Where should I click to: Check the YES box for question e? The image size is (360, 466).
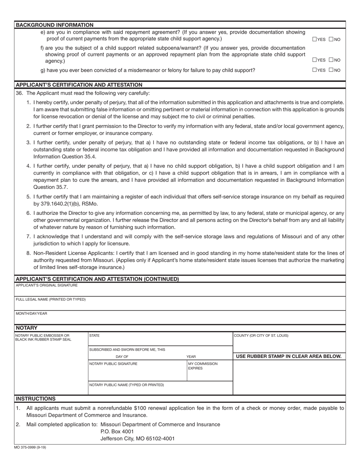[x=315, y=39]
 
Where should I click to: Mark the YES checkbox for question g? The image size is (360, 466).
[x=315, y=70]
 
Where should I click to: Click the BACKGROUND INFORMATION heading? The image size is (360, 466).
[x=55, y=25]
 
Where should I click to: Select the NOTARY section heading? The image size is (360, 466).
[x=27, y=328]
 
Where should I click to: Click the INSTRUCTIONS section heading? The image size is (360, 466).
[x=36, y=399]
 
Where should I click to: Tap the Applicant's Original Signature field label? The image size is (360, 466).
[x=47, y=285]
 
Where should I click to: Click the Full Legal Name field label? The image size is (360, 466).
[x=51, y=299]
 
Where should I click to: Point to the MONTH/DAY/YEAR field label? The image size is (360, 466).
[x=31, y=314]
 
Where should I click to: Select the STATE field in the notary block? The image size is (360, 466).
[x=94, y=336]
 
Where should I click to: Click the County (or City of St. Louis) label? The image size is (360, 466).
[x=261, y=336]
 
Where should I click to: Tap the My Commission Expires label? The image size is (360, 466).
[x=203, y=366]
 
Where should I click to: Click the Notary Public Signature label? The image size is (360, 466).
[x=113, y=364]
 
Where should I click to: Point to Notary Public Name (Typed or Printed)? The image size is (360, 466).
[x=127, y=385]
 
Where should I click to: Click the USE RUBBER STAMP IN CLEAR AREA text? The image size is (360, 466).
[x=289, y=356]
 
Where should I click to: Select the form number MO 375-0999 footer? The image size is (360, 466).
[x=30, y=447]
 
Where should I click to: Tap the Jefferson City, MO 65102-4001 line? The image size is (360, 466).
[x=138, y=439]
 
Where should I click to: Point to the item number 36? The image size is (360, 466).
[x=19, y=93]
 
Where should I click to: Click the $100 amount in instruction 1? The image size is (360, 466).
[x=141, y=408]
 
